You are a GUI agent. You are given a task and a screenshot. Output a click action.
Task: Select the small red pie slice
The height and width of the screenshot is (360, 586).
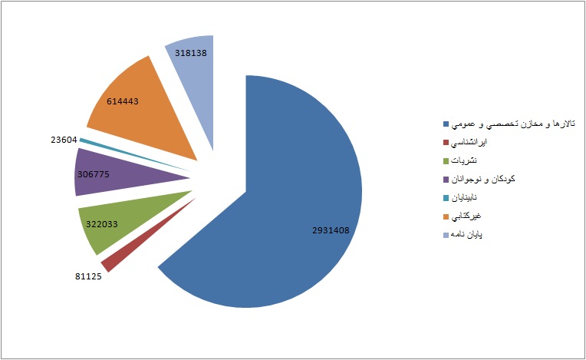(110, 262)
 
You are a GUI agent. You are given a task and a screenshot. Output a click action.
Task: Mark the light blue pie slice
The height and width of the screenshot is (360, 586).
(192, 69)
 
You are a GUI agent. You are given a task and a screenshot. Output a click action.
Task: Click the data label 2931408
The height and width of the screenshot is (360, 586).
(336, 230)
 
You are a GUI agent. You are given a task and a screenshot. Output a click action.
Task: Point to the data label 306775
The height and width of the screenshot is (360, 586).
(92, 174)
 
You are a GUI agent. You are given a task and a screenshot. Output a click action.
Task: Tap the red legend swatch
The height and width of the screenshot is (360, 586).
(446, 143)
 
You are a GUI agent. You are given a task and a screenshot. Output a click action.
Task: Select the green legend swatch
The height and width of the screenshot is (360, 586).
(446, 161)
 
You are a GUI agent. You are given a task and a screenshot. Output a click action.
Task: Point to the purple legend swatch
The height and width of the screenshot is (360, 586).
(446, 180)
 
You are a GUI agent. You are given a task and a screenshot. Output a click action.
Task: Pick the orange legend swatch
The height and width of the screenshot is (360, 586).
(446, 216)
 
